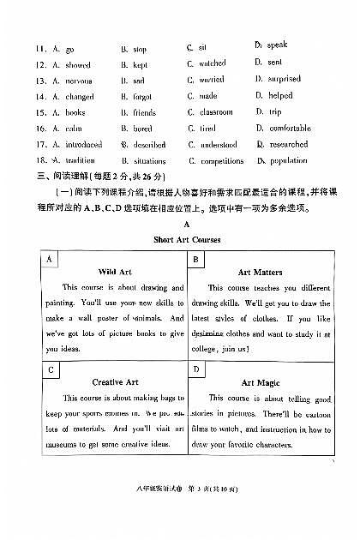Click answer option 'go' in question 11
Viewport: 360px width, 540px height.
coord(69,50)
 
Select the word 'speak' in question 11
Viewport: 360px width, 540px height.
coord(277,45)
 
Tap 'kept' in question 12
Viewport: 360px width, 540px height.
coord(140,64)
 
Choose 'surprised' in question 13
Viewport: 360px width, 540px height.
coord(284,79)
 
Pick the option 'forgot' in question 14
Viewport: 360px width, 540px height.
coord(142,97)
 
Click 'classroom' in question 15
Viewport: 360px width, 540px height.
coord(216,112)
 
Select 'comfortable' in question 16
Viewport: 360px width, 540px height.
coord(290,129)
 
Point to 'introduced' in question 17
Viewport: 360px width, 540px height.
coord(84,145)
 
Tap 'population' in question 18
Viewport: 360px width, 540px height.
coord(288,160)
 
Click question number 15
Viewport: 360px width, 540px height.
coord(40,112)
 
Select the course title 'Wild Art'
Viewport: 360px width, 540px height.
coord(114,272)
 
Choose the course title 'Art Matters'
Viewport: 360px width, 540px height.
coord(260,272)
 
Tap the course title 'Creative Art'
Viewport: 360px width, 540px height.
coord(114,382)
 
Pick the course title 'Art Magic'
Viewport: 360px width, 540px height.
coord(260,382)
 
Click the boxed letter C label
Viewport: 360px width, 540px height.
coord(51,369)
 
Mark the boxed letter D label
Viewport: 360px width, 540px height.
coord(197,369)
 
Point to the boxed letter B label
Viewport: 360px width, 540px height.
coord(197,259)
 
